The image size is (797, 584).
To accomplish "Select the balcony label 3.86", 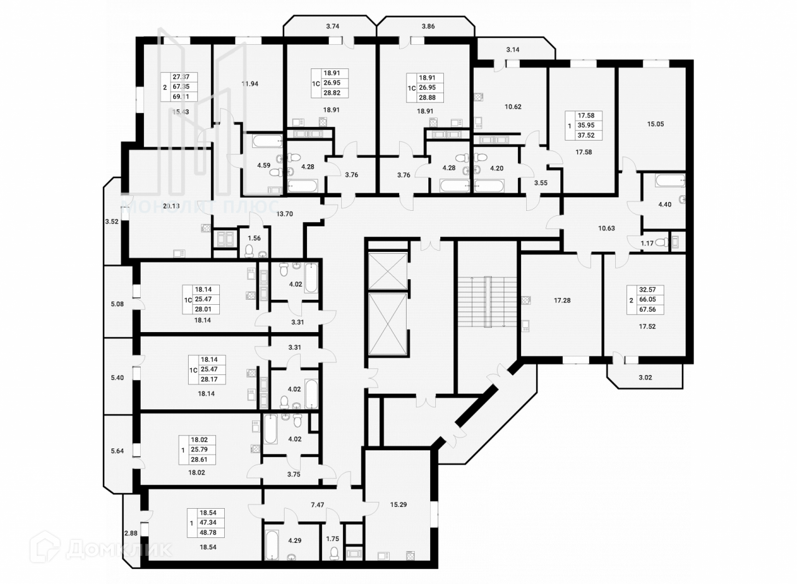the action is pyautogui.click(x=428, y=26).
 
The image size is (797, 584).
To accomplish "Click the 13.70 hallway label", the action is pyautogui.click(x=284, y=213).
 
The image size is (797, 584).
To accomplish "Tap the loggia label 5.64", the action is pyautogui.click(x=116, y=452).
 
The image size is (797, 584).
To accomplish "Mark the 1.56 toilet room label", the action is pyautogui.click(x=253, y=238).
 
